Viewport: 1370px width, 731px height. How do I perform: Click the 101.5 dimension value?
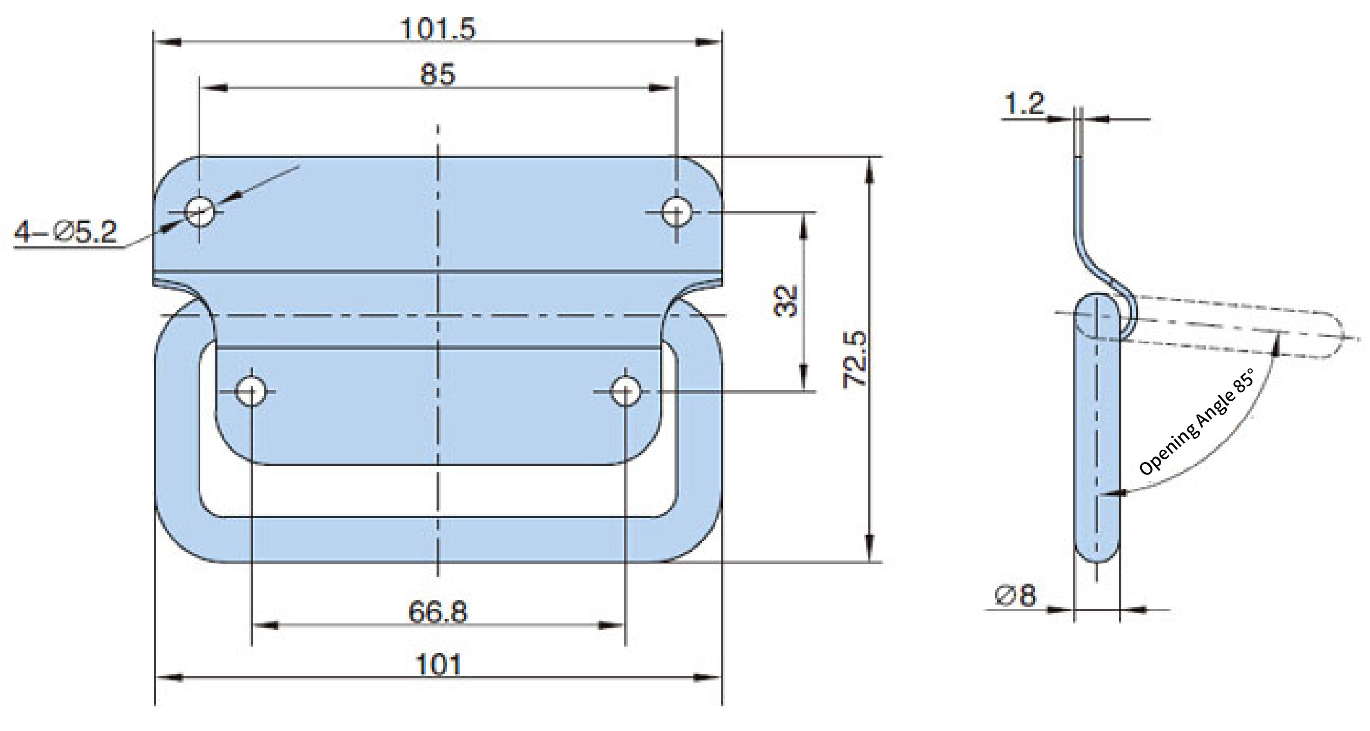pos(438,30)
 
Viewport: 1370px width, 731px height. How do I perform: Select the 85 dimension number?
pos(437,74)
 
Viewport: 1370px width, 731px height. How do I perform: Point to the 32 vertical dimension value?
pos(784,301)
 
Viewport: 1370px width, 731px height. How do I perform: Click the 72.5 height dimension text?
pos(854,359)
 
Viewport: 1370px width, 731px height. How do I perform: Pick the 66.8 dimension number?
pos(438,612)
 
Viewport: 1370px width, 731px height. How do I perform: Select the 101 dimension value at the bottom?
pos(438,665)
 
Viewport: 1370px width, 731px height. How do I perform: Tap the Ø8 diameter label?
pos(1015,595)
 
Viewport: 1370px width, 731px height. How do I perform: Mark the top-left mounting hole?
pos(200,211)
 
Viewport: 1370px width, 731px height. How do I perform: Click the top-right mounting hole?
pos(676,212)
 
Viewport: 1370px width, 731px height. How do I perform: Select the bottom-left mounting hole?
pos(251,391)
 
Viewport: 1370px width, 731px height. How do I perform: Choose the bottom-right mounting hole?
pos(625,391)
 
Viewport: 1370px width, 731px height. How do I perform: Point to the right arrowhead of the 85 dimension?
pos(662,88)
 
